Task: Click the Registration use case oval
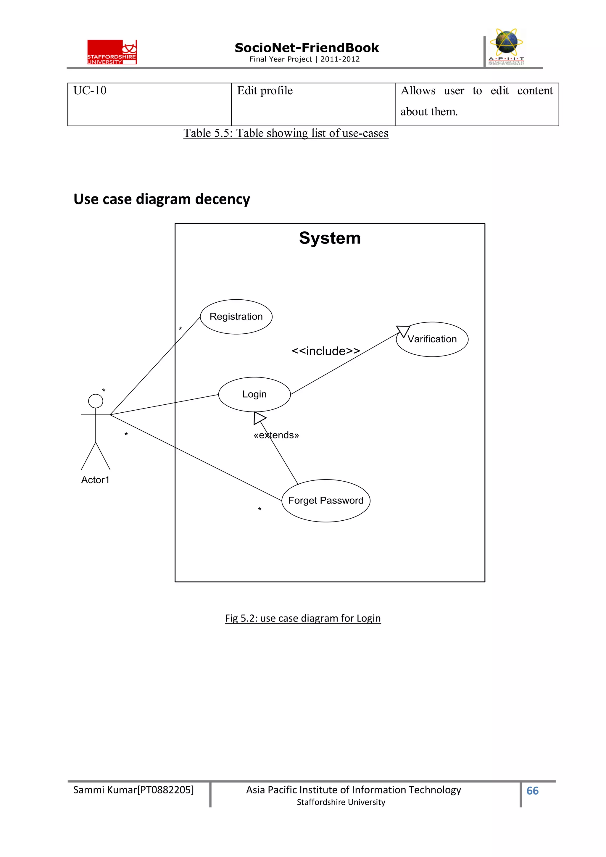point(236,317)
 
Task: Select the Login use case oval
point(254,394)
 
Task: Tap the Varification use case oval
point(432,339)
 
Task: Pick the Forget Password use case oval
point(325,501)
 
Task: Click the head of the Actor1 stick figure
point(96,401)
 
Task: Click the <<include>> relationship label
point(325,351)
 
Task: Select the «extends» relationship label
point(276,435)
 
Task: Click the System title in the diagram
point(330,238)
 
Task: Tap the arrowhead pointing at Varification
point(403,331)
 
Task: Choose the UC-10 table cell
point(149,104)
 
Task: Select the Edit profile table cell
point(313,104)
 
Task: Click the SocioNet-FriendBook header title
point(307,48)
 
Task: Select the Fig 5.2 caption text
point(303,618)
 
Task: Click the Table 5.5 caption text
point(286,133)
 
